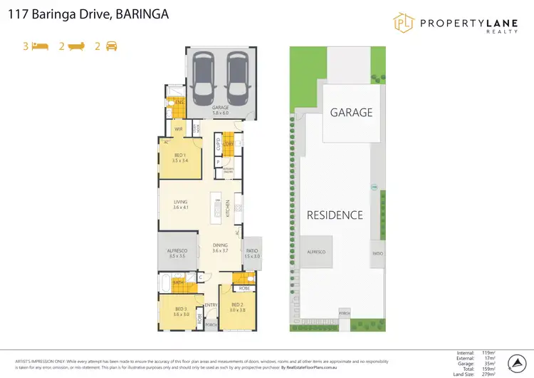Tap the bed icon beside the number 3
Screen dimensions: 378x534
tap(41, 46)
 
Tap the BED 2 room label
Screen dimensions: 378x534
tap(236, 304)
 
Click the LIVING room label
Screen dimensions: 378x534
tap(180, 202)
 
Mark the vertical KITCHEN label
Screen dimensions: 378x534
tap(228, 208)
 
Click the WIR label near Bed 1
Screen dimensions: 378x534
tap(179, 129)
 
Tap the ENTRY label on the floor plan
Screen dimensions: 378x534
tap(211, 305)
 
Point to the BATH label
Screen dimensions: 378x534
tap(179, 282)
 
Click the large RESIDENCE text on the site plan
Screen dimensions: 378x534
tap(335, 215)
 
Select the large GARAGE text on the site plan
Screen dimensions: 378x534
tap(351, 113)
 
